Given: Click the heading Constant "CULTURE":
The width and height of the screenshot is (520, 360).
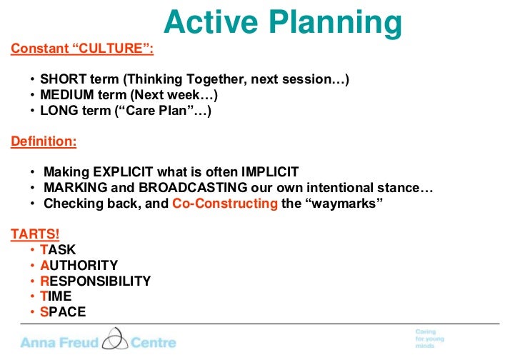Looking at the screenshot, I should coord(81,49).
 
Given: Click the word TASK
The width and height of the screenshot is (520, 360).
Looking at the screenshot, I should coord(58,250).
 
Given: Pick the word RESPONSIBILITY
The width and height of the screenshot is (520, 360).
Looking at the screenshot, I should coord(95,281).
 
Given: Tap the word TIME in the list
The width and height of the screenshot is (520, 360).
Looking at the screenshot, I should coord(56,296).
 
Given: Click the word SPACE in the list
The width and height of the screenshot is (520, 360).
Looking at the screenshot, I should coord(63,311).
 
